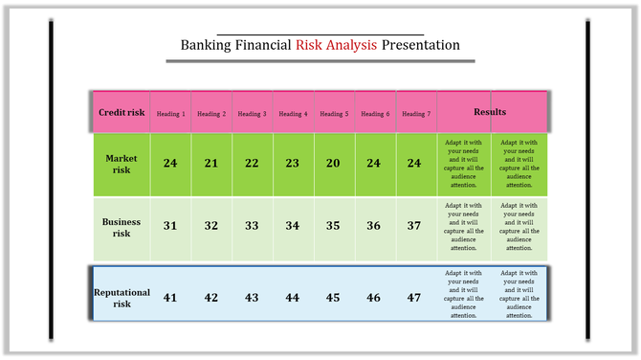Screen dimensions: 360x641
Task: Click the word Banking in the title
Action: pos(206,45)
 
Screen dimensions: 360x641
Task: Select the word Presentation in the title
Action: pos(420,45)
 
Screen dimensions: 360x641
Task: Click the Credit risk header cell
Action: pos(122,113)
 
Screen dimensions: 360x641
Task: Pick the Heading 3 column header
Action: pos(252,114)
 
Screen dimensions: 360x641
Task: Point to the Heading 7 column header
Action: pos(416,114)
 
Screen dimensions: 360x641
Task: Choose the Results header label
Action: pos(490,113)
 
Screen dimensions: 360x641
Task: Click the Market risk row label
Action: pos(122,164)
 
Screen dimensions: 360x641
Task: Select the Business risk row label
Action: pos(122,227)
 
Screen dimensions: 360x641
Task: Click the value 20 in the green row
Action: pos(333,163)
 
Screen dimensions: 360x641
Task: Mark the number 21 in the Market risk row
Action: pos(211,163)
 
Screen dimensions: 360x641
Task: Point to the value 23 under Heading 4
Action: pos(293,163)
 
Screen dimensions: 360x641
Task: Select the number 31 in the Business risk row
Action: pos(170,226)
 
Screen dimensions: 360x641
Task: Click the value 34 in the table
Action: pos(293,226)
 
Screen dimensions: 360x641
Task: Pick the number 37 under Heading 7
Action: pos(414,226)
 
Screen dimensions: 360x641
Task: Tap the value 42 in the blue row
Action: pos(211,298)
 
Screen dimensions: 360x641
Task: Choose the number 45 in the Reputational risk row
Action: pos(333,298)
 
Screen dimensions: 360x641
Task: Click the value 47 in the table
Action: pos(414,298)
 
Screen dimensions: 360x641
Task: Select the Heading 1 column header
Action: pos(170,114)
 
